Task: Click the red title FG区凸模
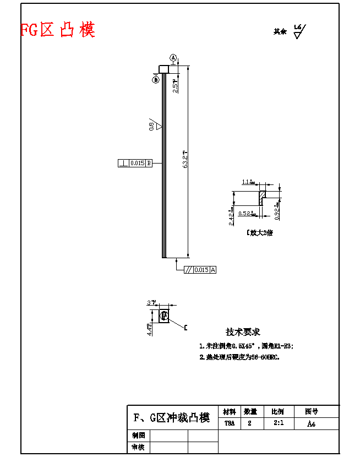pos(58,30)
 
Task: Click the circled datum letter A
pos(173,57)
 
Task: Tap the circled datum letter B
pos(156,80)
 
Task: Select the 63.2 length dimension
pos(187,159)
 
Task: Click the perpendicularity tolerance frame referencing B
pos(135,163)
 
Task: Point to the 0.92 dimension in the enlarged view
pos(277,213)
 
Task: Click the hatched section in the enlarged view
pos(263,194)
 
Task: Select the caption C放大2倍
pos(260,232)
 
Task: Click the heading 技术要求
pos(243,332)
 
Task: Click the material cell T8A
pos(229,423)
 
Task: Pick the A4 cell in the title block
pos(312,423)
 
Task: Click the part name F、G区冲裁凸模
pos(172,418)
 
